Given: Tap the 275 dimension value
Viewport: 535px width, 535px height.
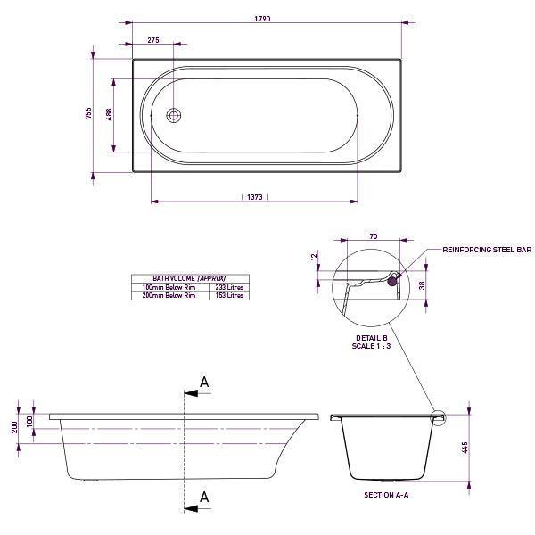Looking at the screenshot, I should [153, 41].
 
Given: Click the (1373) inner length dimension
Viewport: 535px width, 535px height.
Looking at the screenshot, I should [254, 197].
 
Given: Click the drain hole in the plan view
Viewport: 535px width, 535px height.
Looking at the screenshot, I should [175, 115].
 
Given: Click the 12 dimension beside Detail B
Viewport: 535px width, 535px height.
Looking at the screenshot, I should [315, 257].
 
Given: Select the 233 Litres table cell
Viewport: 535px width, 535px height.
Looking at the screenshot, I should [229, 287].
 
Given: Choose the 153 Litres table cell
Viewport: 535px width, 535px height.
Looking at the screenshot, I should [229, 295].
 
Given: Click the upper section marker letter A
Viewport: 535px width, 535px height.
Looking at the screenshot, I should [204, 383].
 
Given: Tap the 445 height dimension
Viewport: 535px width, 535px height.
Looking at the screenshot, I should [465, 448].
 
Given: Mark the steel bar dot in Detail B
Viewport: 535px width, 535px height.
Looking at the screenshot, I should [392, 280].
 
